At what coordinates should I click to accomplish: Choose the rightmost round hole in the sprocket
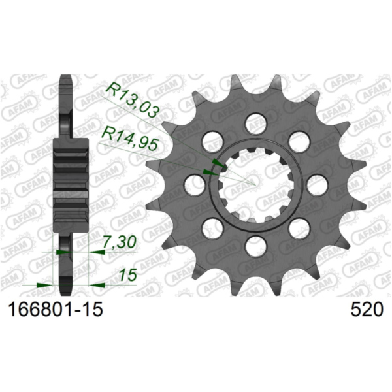point(317,185)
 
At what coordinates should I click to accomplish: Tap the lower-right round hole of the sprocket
point(299,228)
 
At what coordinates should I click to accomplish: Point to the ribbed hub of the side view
point(71,185)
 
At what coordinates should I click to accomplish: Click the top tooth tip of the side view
point(65,80)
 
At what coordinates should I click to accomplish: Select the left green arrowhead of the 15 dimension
point(46,284)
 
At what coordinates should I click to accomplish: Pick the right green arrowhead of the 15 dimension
point(96,284)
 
